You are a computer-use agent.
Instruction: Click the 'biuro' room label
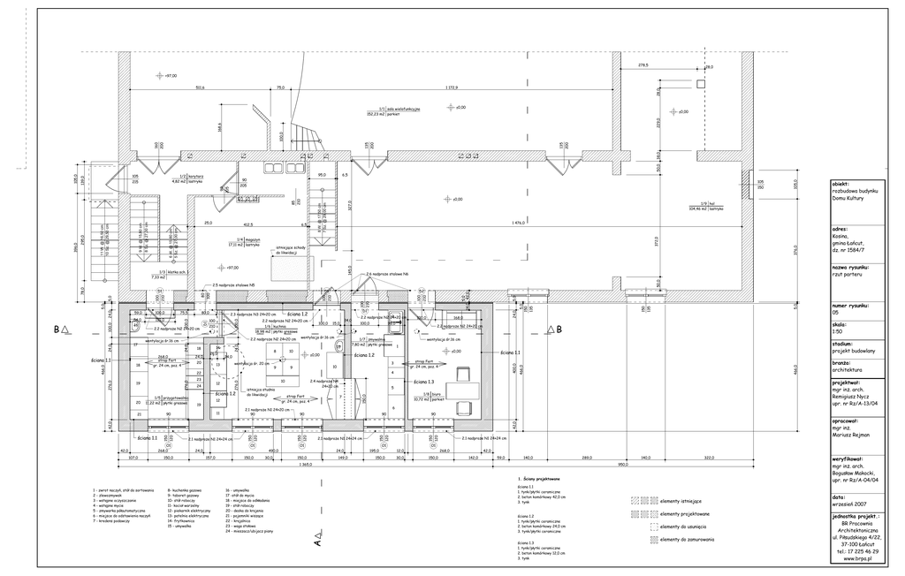(432, 394)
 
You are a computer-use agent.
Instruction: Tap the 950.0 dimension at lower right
(622, 465)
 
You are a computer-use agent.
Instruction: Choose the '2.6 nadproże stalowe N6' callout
(385, 275)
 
